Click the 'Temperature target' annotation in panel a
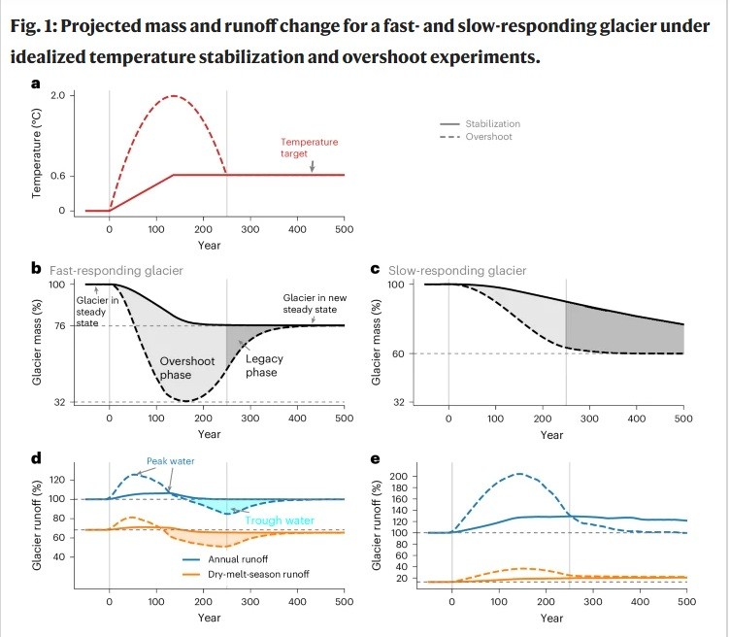click(x=310, y=148)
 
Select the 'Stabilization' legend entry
click(x=492, y=123)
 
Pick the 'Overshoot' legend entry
click(x=487, y=137)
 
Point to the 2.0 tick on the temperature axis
click(x=55, y=96)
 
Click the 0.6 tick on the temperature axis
click(x=55, y=176)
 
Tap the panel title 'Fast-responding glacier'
click(x=104, y=270)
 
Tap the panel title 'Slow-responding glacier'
click(x=457, y=270)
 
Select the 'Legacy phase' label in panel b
click(x=261, y=366)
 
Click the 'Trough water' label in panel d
click(x=279, y=520)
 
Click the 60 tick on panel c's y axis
click(x=398, y=354)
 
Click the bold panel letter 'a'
click(x=36, y=84)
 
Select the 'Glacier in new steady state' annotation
click(x=312, y=304)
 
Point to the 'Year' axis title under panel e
click(x=551, y=618)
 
